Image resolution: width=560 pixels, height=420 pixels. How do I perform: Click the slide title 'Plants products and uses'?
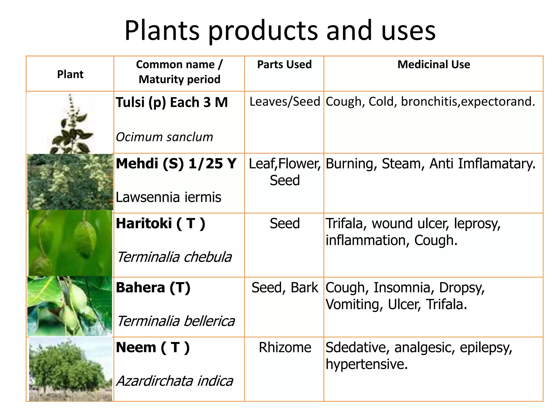(x=280, y=31)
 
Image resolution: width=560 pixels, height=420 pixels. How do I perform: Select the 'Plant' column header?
(x=70, y=74)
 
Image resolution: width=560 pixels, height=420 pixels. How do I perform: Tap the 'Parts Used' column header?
(x=284, y=65)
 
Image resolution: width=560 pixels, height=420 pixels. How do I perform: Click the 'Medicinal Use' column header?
(x=434, y=65)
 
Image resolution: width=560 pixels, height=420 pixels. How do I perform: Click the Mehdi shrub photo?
(x=70, y=182)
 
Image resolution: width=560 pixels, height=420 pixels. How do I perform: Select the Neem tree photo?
(x=71, y=369)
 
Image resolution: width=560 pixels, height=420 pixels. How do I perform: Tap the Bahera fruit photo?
(x=70, y=306)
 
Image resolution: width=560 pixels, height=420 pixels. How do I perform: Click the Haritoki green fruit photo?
(x=70, y=243)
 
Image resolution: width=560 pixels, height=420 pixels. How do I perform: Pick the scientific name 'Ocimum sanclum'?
(x=164, y=137)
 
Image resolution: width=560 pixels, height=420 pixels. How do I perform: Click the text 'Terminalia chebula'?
(x=174, y=257)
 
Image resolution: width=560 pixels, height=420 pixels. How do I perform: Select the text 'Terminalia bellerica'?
(x=176, y=321)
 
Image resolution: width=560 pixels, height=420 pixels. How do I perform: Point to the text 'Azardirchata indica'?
(x=175, y=381)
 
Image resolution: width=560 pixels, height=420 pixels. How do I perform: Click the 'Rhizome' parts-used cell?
(x=285, y=348)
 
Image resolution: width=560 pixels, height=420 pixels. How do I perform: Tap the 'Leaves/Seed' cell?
(x=285, y=102)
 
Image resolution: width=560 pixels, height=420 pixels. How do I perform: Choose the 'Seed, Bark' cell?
(x=285, y=288)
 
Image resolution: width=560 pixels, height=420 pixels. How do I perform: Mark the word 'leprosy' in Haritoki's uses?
(x=477, y=224)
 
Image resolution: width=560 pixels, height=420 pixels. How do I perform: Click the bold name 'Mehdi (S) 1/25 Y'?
(x=176, y=164)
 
